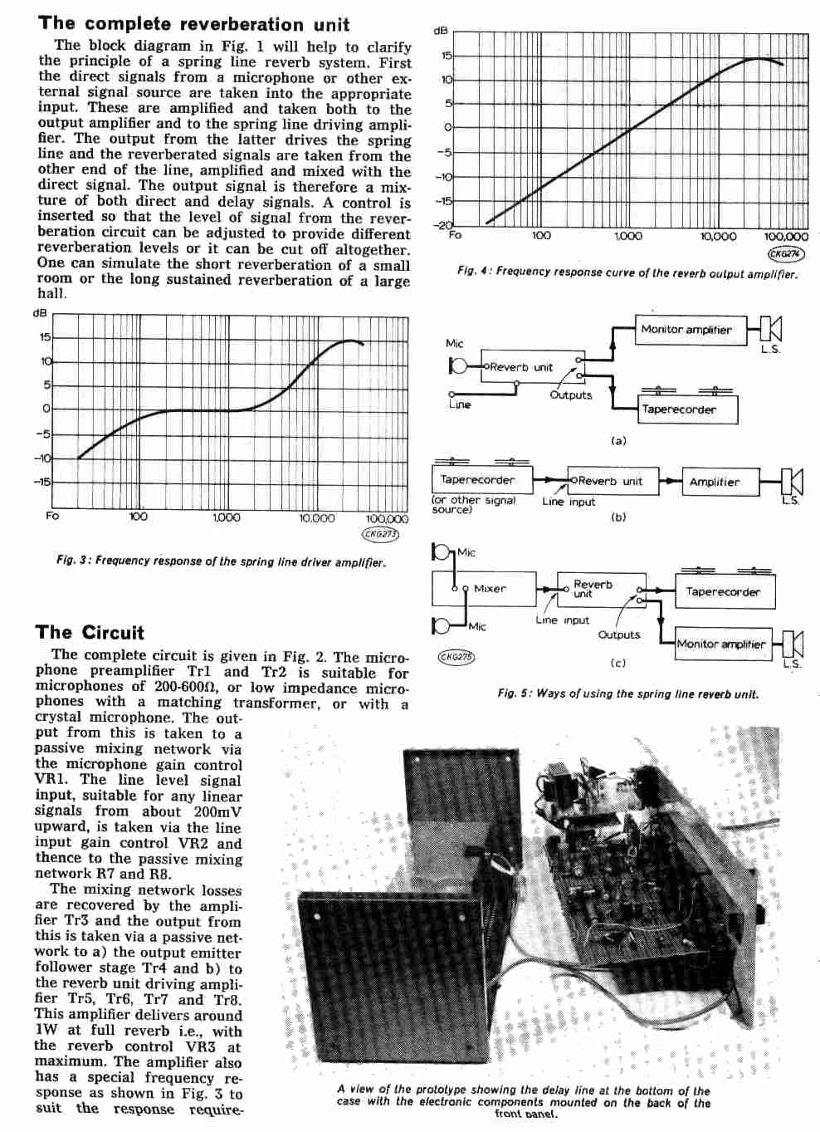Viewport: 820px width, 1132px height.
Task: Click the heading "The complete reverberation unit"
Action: tap(194, 24)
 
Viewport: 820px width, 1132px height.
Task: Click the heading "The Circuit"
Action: tap(90, 633)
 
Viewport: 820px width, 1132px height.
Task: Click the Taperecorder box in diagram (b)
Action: tap(478, 480)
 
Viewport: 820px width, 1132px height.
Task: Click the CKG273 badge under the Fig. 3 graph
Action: tap(381, 535)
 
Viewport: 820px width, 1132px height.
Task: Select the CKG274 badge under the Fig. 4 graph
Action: tap(786, 254)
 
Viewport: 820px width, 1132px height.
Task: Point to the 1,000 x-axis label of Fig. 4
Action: tap(627, 237)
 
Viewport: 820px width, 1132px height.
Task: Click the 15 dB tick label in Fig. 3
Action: tap(45, 337)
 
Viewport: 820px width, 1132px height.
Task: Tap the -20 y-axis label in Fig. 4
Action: tap(444, 225)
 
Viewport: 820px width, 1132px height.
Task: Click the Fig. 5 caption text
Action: tap(627, 693)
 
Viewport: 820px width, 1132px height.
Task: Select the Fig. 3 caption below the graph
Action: tap(221, 561)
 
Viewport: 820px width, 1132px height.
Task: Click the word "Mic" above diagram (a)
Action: tap(455, 343)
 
